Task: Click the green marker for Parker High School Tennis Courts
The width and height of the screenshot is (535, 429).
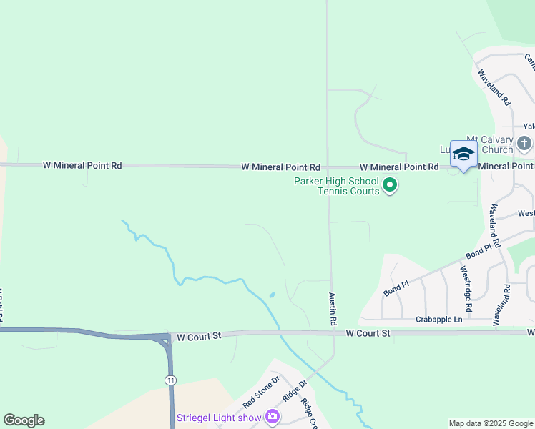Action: (x=390, y=186)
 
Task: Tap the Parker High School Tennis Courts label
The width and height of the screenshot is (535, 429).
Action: (x=336, y=186)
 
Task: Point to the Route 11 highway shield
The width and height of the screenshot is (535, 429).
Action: (x=170, y=379)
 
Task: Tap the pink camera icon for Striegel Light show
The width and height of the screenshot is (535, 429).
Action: (x=272, y=416)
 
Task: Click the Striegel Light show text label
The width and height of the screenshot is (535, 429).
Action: (x=218, y=417)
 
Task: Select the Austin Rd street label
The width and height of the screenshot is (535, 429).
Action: (x=333, y=309)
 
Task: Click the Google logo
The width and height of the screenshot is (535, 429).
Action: (x=24, y=420)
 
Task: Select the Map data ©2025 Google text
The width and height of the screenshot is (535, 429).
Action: (x=489, y=423)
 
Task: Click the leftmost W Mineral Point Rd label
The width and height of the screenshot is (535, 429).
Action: (x=82, y=165)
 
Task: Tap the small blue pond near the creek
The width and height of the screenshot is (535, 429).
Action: (x=272, y=295)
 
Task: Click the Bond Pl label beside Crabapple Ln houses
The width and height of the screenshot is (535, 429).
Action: (x=395, y=288)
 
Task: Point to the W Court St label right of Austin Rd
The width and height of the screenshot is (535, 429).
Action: (x=368, y=333)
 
